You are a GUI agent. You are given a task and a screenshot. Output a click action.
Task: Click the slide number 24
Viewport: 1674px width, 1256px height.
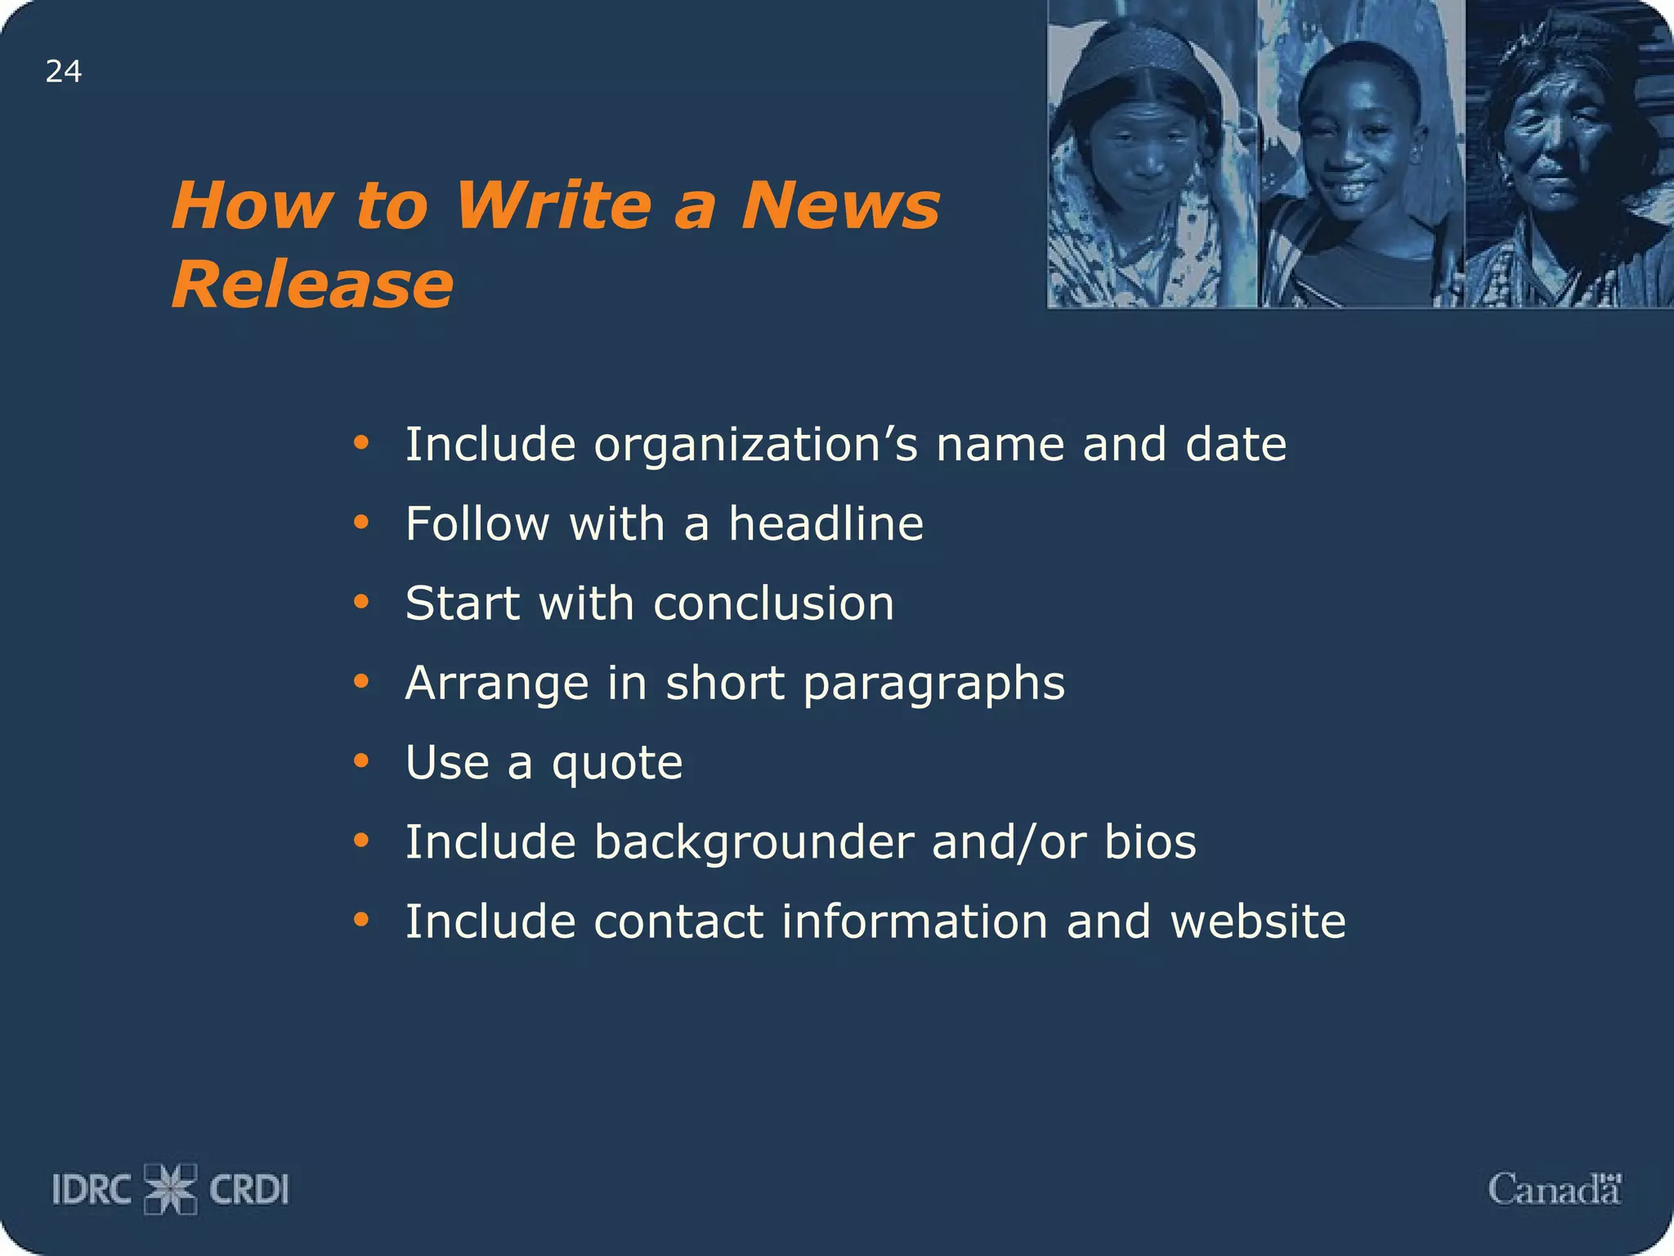click(64, 72)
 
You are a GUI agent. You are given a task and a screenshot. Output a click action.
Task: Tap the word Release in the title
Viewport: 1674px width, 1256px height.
click(312, 284)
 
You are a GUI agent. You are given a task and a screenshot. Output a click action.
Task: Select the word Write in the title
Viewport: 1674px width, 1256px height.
click(554, 205)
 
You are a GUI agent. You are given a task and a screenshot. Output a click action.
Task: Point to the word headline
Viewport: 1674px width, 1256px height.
click(826, 523)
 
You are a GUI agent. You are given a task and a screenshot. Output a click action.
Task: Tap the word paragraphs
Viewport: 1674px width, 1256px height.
click(934, 684)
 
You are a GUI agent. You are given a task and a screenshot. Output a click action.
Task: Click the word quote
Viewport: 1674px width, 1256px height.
click(617, 763)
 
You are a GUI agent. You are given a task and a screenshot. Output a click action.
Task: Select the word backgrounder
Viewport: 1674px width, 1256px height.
click(754, 842)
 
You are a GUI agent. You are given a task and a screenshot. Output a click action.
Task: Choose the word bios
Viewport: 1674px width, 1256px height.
click(1150, 842)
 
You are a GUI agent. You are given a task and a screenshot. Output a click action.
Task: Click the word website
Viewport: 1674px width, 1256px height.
click(1258, 922)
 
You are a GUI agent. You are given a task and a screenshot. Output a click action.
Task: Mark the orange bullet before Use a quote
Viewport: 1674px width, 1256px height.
click(361, 761)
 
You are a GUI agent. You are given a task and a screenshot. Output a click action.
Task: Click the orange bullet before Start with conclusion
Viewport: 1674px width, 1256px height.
click(361, 603)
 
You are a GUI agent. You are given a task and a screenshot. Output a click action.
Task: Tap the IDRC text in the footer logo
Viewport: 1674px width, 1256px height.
click(92, 1190)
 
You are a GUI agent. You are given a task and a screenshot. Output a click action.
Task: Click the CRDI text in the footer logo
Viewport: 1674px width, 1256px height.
click(249, 1190)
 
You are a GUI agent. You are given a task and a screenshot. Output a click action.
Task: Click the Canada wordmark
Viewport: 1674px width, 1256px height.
click(1554, 1189)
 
